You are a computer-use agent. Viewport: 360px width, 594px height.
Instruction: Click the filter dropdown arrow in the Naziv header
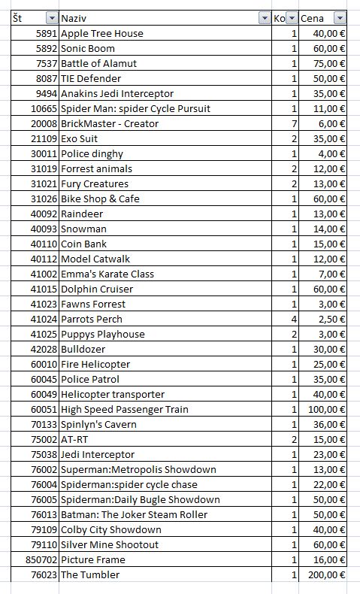pyautogui.click(x=264, y=18)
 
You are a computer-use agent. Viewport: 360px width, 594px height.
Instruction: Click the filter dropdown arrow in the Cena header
pyautogui.click(x=340, y=18)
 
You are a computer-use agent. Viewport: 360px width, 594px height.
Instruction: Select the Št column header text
pyautogui.click(x=17, y=18)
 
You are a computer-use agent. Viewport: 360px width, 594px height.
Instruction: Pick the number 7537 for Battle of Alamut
pyautogui.click(x=44, y=63)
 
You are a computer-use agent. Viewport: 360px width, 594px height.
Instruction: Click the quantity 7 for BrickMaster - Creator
pyautogui.click(x=294, y=123)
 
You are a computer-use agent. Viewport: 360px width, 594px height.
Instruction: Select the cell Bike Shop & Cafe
pyautogui.click(x=100, y=199)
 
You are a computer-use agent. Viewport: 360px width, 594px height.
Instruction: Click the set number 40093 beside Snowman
pyautogui.click(x=42, y=229)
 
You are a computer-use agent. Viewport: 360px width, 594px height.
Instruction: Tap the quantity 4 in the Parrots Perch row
pyautogui.click(x=294, y=319)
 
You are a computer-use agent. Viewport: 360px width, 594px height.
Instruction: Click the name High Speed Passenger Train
pyautogui.click(x=124, y=409)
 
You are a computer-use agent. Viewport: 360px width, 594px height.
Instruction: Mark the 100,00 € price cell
pyautogui.click(x=325, y=409)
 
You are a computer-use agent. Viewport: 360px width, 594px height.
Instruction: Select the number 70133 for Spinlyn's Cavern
pyautogui.click(x=42, y=424)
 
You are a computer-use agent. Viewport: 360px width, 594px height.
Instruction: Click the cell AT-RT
pyautogui.click(x=74, y=439)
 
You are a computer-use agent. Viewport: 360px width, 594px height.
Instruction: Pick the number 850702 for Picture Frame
pyautogui.click(x=40, y=559)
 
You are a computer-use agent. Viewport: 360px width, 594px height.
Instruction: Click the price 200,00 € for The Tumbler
pyautogui.click(x=325, y=574)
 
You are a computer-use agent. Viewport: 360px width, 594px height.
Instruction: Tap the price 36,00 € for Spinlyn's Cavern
pyautogui.click(x=328, y=424)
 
